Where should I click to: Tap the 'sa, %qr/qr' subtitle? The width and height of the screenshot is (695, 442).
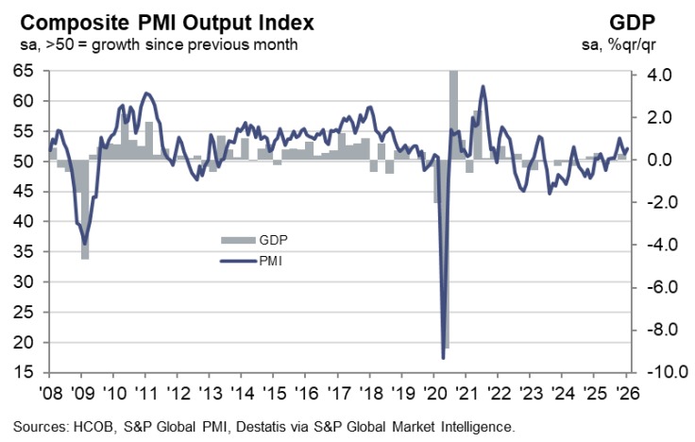click(x=640, y=43)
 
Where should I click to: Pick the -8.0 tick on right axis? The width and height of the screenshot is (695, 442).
click(x=654, y=330)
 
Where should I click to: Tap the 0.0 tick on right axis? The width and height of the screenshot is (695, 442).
click(x=656, y=161)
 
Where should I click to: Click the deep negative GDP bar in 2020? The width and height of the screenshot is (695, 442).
click(x=447, y=255)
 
